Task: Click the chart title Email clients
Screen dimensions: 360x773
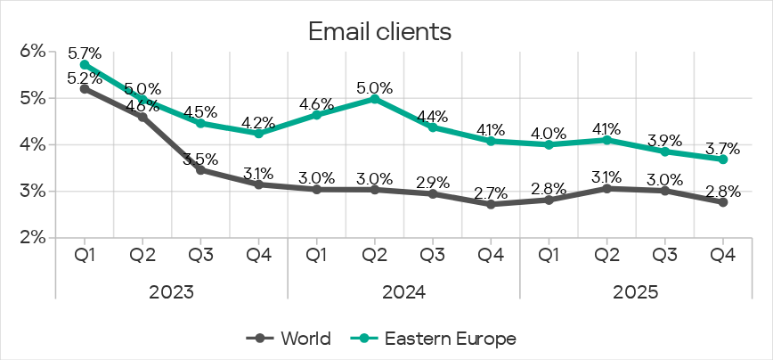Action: (x=380, y=31)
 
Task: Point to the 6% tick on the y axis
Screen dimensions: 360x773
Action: (x=32, y=52)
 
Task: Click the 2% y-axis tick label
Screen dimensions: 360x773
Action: (x=32, y=237)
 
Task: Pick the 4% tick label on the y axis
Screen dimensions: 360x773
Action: (x=32, y=144)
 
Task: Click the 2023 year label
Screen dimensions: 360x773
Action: (x=171, y=291)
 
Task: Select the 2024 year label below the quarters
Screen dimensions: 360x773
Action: (x=403, y=291)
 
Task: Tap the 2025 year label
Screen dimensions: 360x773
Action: (x=636, y=291)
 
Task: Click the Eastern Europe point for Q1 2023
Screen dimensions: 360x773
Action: (x=85, y=64)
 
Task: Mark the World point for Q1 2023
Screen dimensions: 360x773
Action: (x=85, y=88)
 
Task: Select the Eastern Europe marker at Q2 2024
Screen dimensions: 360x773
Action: (x=375, y=98)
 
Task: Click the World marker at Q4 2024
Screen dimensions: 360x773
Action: (x=491, y=204)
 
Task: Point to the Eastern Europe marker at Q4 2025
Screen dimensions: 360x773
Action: (x=723, y=160)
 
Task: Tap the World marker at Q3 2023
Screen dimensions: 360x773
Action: (x=200, y=169)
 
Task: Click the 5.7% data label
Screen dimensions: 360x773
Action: (x=84, y=51)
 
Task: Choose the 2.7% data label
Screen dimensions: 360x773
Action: (x=491, y=192)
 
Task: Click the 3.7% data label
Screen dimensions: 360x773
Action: (x=723, y=146)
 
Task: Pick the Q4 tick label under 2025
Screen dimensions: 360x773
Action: (x=723, y=255)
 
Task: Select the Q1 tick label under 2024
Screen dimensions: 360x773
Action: (x=317, y=255)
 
